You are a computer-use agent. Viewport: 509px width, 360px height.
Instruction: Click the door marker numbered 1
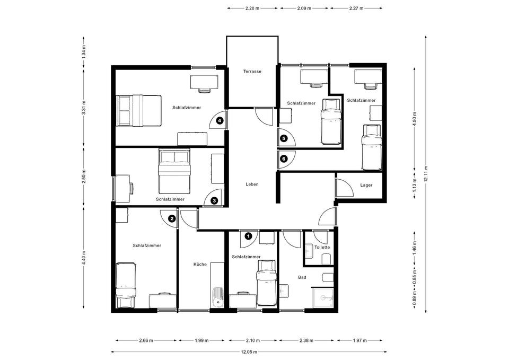click(249, 236)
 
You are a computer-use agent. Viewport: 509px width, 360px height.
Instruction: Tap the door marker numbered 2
click(172, 218)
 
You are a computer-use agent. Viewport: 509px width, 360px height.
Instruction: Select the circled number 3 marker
click(214, 200)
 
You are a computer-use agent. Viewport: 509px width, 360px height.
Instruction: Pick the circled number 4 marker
click(220, 121)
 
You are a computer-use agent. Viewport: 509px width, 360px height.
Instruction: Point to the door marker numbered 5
click(284, 138)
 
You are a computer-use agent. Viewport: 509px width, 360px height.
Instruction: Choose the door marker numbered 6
click(284, 159)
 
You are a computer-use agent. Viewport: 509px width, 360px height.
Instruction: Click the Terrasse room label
click(252, 72)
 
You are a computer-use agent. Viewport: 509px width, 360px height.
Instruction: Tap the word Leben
click(252, 184)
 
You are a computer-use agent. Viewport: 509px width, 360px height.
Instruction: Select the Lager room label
click(366, 185)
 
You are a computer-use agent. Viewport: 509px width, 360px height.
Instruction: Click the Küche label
click(200, 264)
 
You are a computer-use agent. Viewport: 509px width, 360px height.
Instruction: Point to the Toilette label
click(322, 247)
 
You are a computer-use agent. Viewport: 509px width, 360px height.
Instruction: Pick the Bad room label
click(302, 277)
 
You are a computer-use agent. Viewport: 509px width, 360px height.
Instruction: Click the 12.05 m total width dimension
click(249, 352)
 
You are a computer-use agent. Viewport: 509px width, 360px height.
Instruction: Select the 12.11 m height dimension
click(426, 174)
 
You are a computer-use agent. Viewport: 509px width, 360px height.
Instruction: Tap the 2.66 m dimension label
click(146, 340)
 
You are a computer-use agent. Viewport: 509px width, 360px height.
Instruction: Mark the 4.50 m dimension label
click(415, 118)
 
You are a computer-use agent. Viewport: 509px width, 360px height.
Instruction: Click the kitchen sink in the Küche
click(218, 297)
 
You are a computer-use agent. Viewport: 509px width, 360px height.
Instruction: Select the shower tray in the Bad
click(322, 297)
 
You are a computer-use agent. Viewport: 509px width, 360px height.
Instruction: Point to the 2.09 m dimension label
click(304, 8)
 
